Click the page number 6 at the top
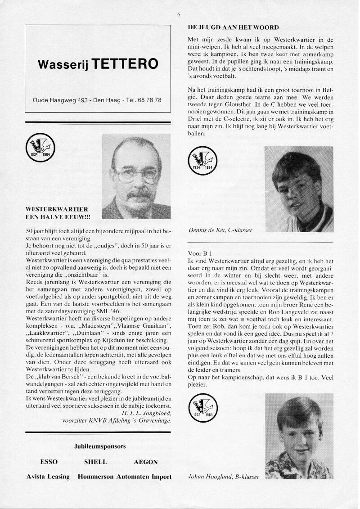pos(179,15)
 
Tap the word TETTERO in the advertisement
pos(126,64)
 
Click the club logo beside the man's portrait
pos(40,151)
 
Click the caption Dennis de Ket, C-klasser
pos(220,230)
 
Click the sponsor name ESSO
pos(49,462)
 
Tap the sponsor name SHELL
pos(95,462)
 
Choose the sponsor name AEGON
pos(145,462)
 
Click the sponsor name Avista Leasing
pos(49,477)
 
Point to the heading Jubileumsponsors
pos(99,447)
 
